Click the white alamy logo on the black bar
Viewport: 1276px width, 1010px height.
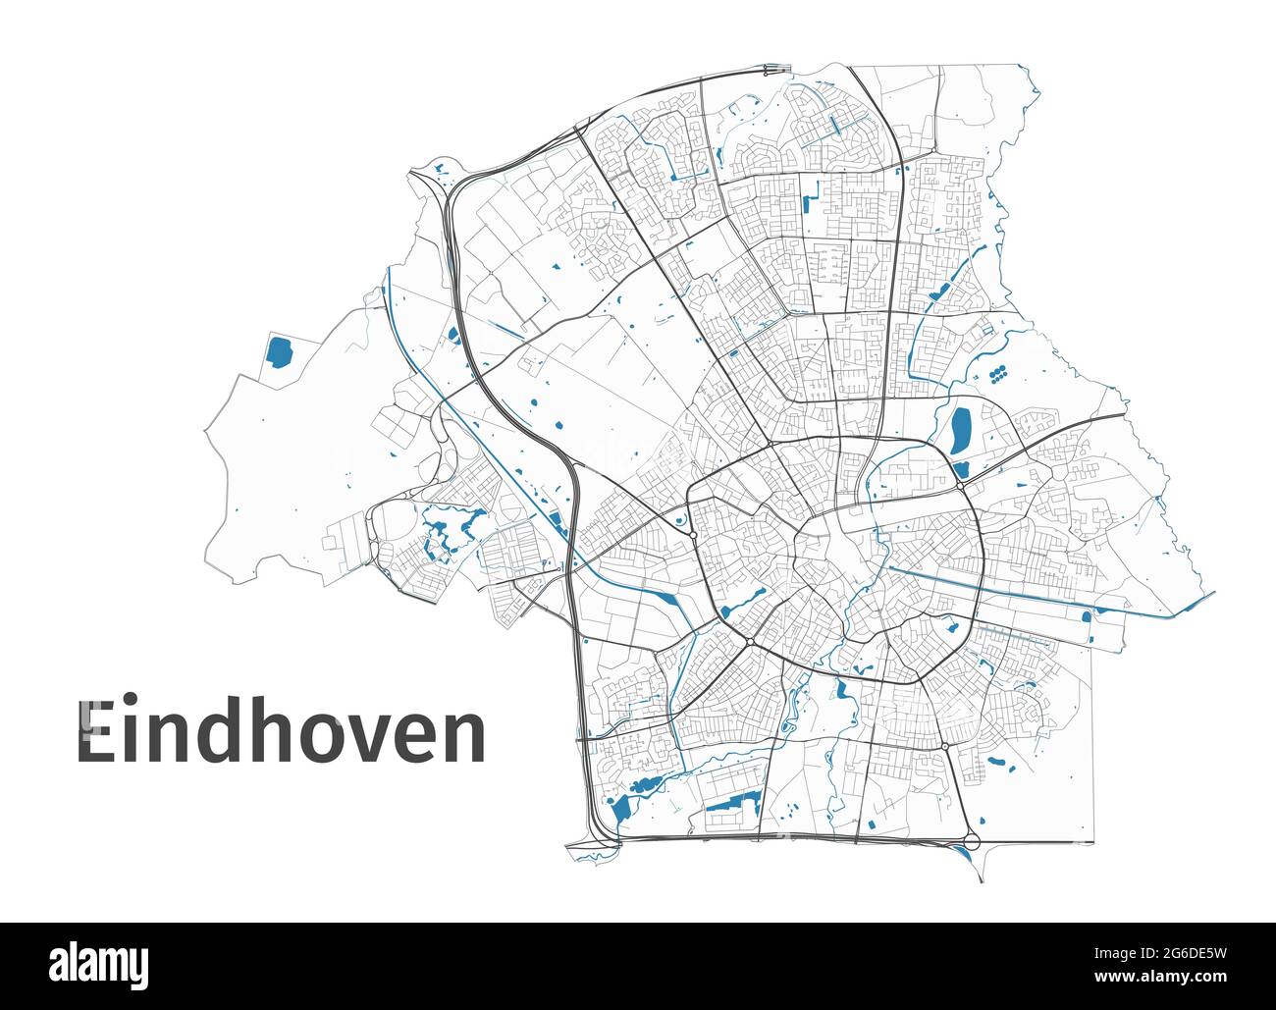tap(96, 965)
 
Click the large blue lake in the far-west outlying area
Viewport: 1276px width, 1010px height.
tap(279, 351)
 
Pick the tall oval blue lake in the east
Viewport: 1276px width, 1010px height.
tap(960, 430)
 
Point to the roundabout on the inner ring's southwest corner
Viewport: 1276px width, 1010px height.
tap(749, 643)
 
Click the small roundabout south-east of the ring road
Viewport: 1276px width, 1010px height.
tap(944, 748)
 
